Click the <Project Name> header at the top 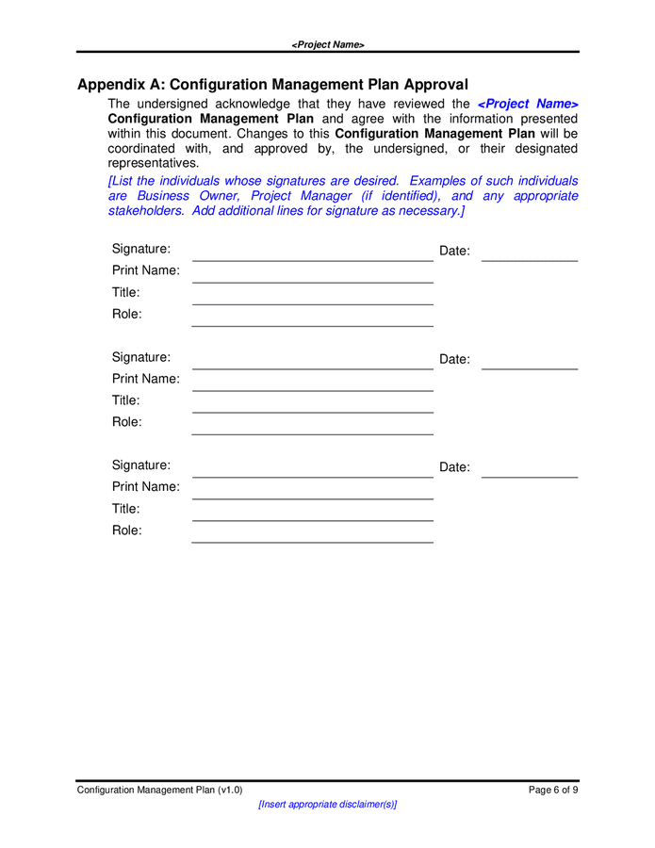point(327,44)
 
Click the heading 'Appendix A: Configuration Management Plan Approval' point(272,84)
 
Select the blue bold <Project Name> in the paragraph point(528,104)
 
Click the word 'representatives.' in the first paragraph point(154,163)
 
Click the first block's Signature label point(141,249)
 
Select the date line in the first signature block point(529,259)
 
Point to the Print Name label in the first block point(146,270)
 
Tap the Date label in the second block point(454,359)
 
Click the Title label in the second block point(126,400)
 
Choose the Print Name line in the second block point(312,389)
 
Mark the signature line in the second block point(312,367)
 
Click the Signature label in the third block point(141,465)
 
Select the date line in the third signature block point(529,476)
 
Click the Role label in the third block point(127,530)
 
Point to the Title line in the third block point(312,519)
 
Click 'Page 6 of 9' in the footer point(553,791)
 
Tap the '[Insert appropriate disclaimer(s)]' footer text point(327,805)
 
